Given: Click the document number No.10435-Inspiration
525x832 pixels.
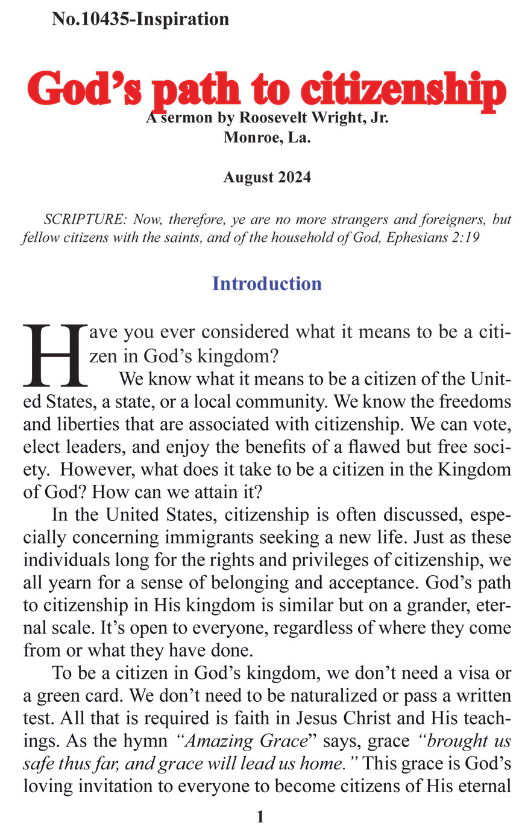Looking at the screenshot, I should (x=140, y=19).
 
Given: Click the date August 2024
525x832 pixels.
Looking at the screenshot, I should (x=267, y=177).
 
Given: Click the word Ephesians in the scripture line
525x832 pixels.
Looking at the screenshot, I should (x=415, y=238).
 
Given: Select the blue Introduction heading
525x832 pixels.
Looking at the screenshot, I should (x=266, y=283).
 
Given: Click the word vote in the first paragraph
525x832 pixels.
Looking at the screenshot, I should (x=494, y=424).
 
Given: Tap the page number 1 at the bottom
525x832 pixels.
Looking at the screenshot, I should (x=260, y=817).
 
